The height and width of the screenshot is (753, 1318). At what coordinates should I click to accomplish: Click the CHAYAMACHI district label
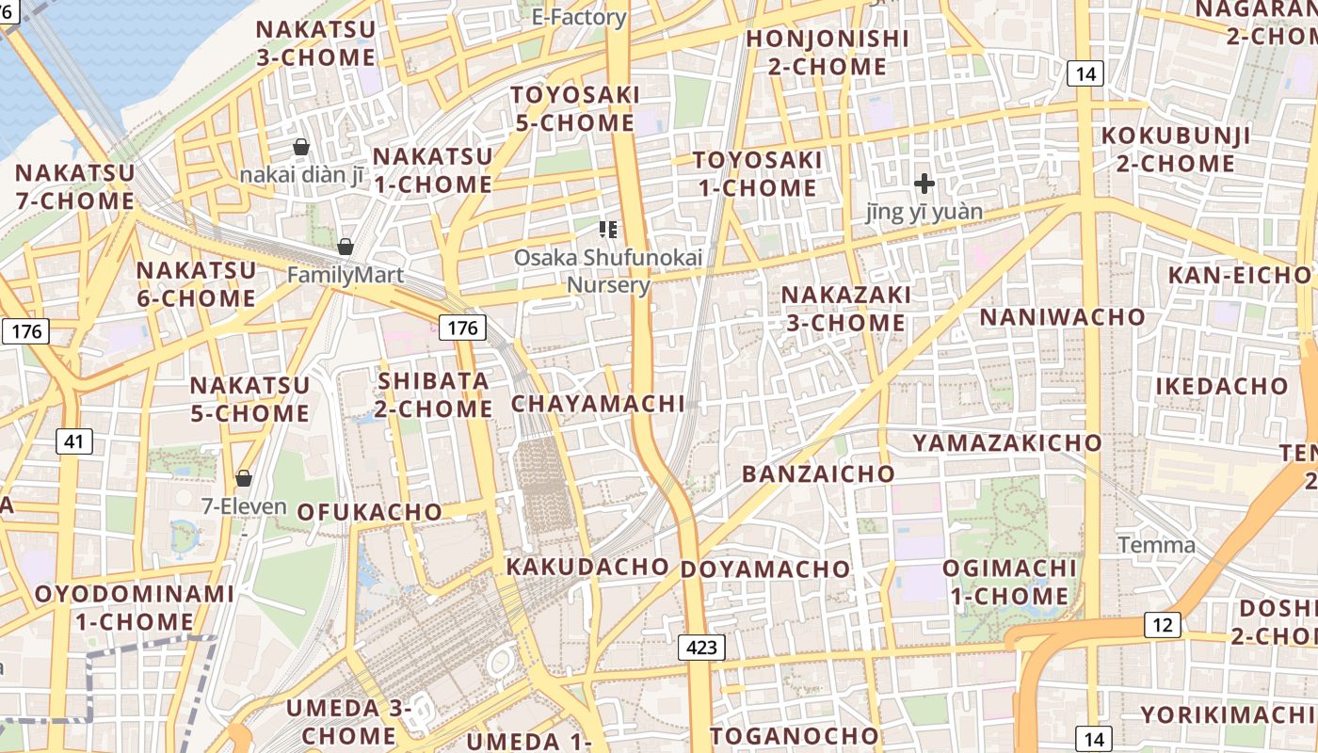tap(598, 404)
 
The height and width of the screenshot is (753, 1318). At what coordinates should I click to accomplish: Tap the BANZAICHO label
tap(818, 473)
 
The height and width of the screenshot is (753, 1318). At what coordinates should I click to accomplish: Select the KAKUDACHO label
tap(587, 567)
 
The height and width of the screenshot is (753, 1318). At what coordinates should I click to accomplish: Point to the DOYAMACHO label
tap(765, 569)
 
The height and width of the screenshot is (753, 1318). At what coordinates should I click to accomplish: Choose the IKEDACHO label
tap(1222, 386)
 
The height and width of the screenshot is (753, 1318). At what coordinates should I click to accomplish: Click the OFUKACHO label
tap(369, 512)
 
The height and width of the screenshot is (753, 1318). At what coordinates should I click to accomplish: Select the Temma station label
tap(1157, 545)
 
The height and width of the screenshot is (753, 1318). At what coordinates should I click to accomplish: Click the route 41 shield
tap(73, 441)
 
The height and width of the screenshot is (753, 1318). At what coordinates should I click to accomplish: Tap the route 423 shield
tap(701, 647)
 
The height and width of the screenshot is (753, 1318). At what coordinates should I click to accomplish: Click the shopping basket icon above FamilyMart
tap(346, 247)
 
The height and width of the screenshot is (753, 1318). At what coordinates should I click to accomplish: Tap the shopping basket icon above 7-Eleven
tap(244, 478)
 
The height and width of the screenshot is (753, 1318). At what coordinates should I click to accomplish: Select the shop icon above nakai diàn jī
tap(301, 147)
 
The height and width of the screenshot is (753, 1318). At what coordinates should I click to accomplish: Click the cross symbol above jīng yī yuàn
tap(924, 183)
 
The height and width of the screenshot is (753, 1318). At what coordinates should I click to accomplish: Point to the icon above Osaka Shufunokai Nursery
tap(607, 229)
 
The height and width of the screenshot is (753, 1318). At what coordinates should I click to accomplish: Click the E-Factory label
tap(579, 17)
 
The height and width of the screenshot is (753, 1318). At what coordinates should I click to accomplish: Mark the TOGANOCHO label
tap(795, 735)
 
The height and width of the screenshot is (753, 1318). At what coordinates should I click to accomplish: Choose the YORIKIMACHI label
tap(1228, 713)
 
